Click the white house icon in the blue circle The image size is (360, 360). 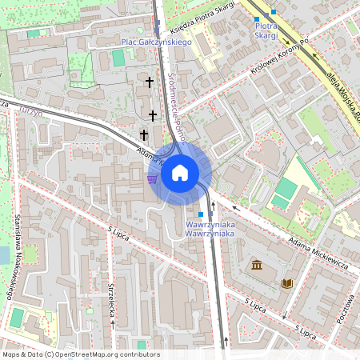tap(179, 173)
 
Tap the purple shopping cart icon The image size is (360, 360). tap(152, 178)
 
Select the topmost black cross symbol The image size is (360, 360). tap(149, 82)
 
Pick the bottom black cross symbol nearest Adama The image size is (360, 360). tap(144, 135)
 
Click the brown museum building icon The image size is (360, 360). tap(255, 265)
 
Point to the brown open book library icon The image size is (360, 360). tap(286, 283)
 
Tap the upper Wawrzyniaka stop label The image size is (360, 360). tap(209, 225)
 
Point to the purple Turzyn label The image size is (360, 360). tap(30, 113)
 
